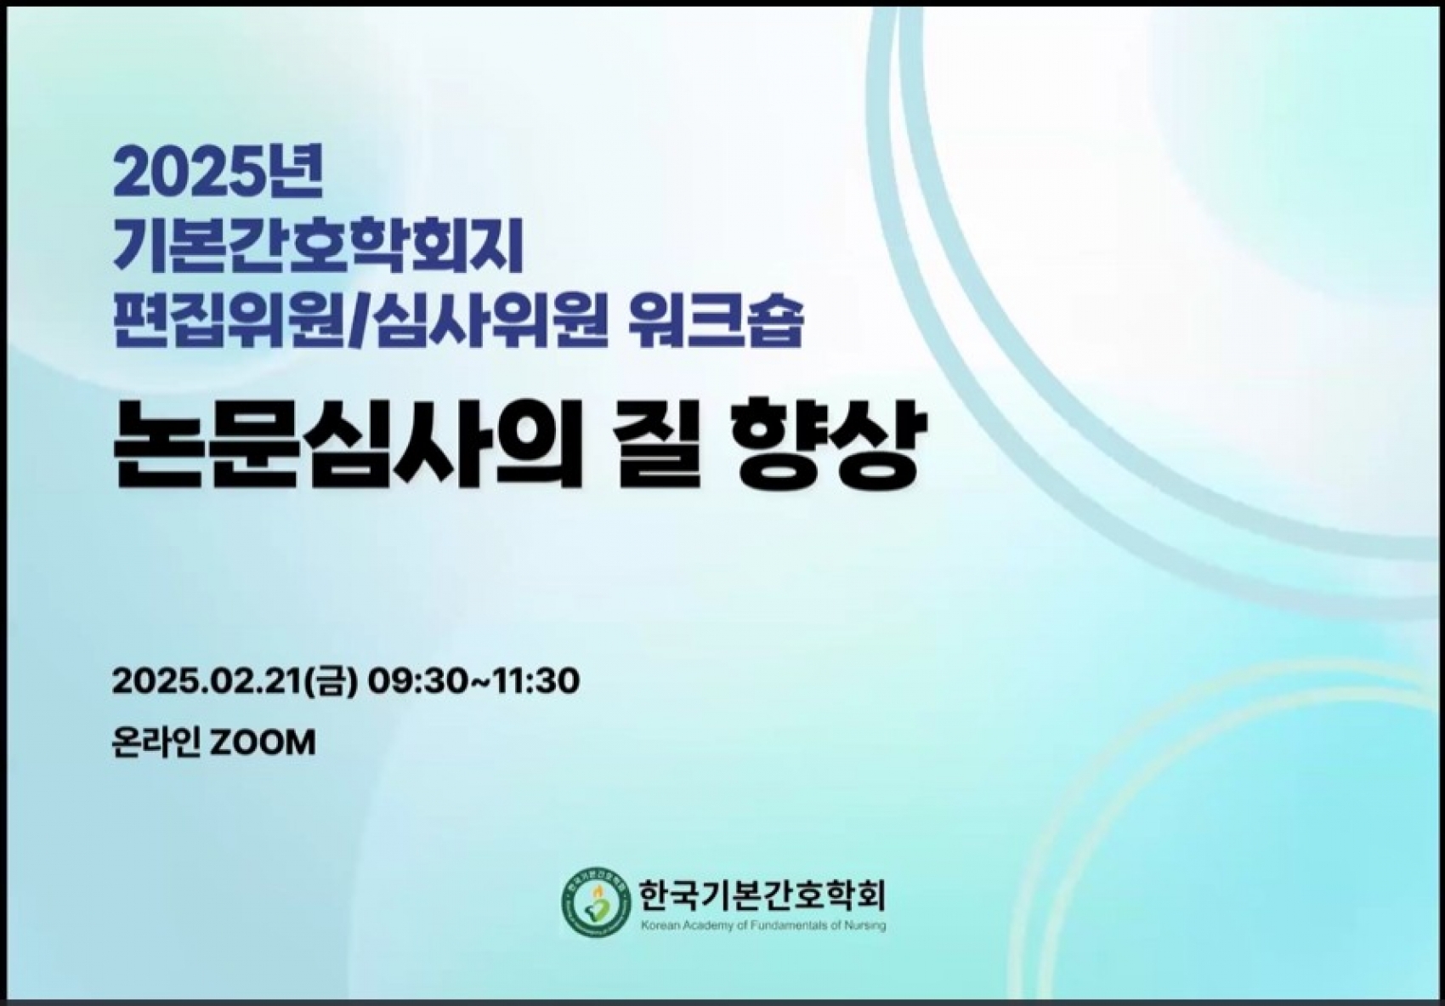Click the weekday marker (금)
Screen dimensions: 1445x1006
pyautogui.click(x=331, y=681)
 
